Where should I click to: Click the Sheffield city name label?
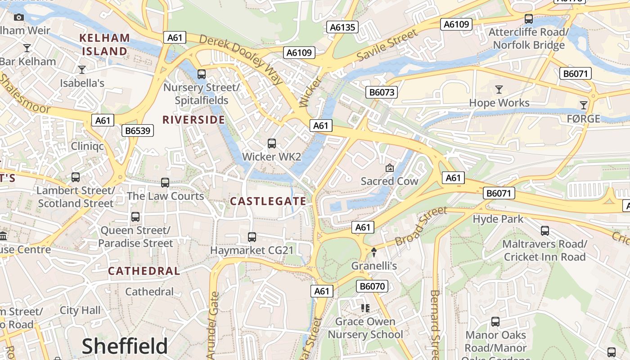125,346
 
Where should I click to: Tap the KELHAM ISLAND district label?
105,45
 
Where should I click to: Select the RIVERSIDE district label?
193,120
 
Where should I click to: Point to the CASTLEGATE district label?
268,201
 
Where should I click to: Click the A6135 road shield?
342,27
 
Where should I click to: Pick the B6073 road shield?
382,92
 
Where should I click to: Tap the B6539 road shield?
138,131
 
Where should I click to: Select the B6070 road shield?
373,286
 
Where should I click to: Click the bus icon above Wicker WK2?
272,144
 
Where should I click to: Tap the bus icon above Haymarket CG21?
252,237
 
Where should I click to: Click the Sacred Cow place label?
389,181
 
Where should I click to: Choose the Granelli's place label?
374,266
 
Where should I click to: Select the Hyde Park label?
498,219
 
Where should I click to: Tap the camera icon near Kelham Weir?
19,17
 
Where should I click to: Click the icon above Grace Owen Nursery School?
365,308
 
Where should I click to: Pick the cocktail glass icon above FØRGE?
584,105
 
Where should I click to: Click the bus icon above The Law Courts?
165,183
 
